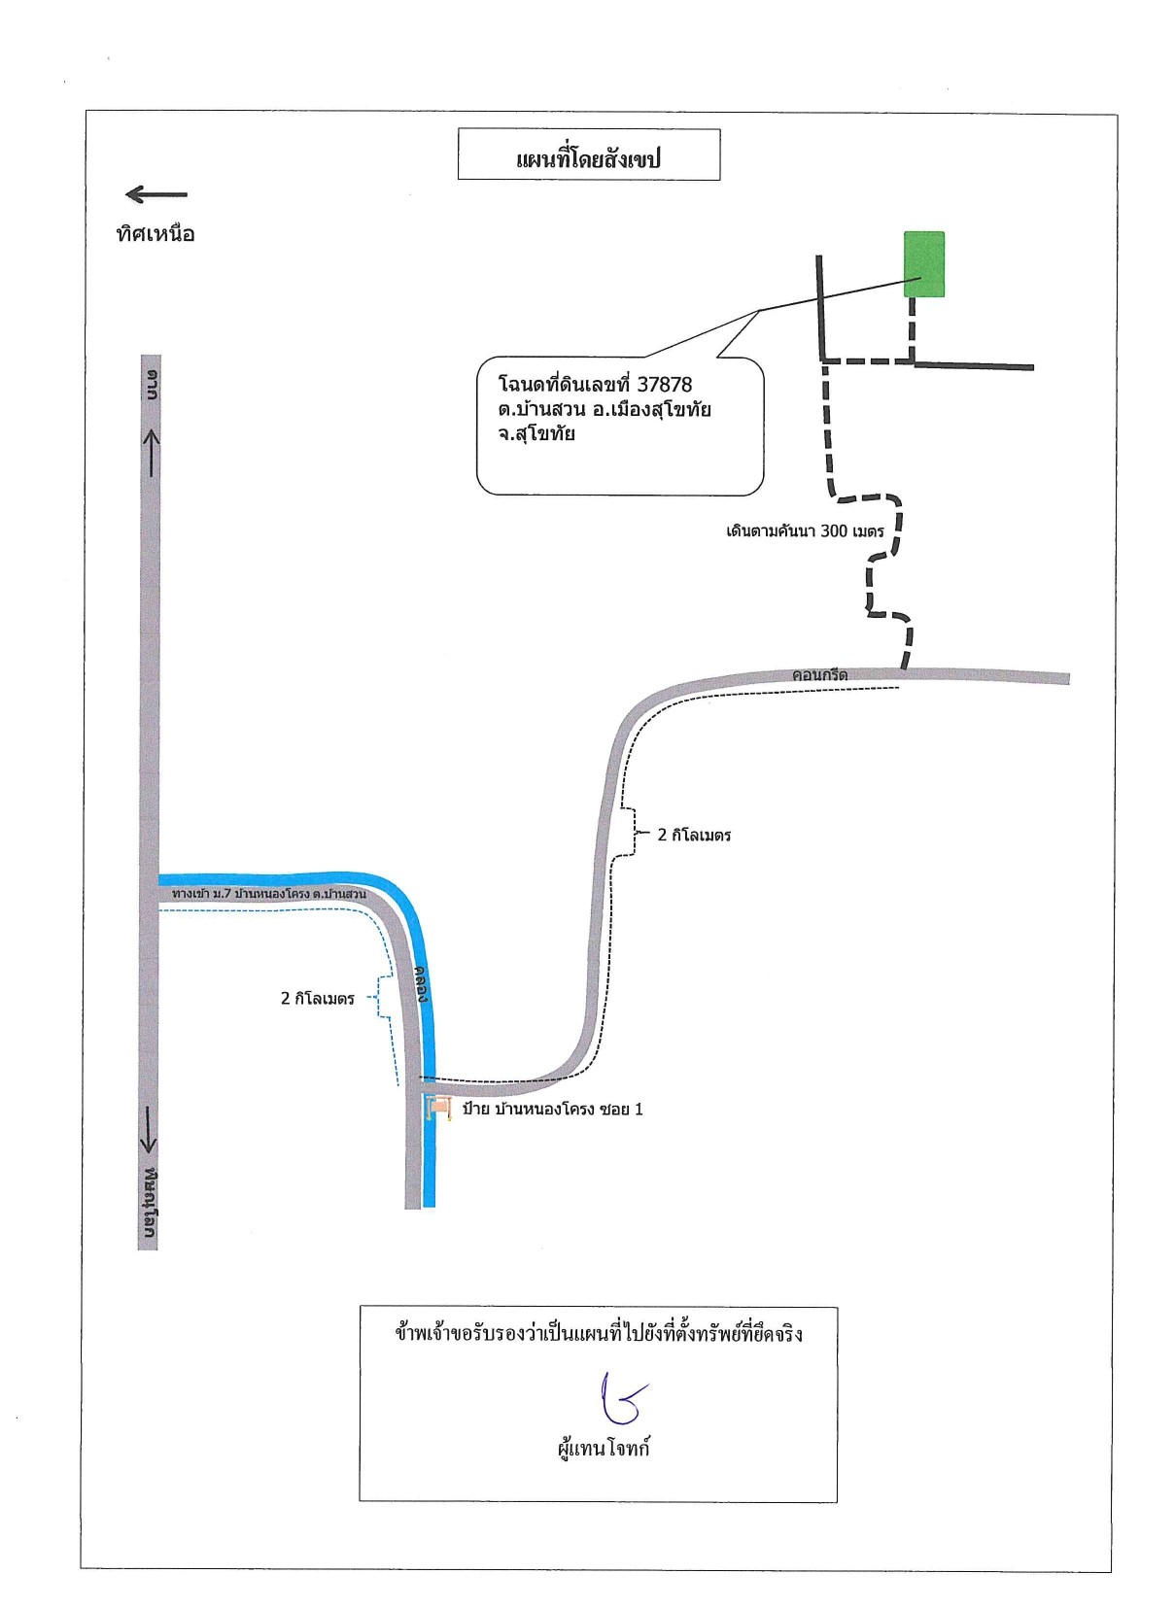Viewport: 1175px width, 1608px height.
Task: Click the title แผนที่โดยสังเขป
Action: pyautogui.click(x=587, y=158)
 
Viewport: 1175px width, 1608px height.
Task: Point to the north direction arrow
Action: pyautogui.click(x=156, y=193)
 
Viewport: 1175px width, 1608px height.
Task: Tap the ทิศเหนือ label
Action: pyautogui.click(x=156, y=234)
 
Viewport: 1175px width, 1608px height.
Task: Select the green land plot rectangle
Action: pyautogui.click(x=923, y=264)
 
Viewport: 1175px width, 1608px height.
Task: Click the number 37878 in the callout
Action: pyautogui.click(x=665, y=384)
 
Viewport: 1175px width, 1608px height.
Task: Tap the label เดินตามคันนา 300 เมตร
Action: pyautogui.click(x=805, y=531)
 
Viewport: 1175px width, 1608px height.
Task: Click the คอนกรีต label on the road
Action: pyautogui.click(x=819, y=675)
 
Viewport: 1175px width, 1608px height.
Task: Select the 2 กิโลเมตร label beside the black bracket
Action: pyautogui.click(x=694, y=835)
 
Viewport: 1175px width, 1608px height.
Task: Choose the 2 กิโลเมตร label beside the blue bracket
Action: pyautogui.click(x=318, y=999)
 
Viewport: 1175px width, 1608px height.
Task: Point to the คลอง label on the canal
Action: pyautogui.click(x=424, y=987)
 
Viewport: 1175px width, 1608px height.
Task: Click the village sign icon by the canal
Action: pyautogui.click(x=437, y=1109)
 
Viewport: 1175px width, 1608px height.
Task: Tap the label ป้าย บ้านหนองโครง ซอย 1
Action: pyautogui.click(x=552, y=1110)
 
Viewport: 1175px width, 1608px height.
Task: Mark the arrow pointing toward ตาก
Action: pyautogui.click(x=152, y=452)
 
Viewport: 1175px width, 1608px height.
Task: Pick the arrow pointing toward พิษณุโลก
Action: pyautogui.click(x=148, y=1127)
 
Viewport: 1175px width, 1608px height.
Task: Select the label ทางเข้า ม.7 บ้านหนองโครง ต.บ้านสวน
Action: pyautogui.click(x=268, y=895)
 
